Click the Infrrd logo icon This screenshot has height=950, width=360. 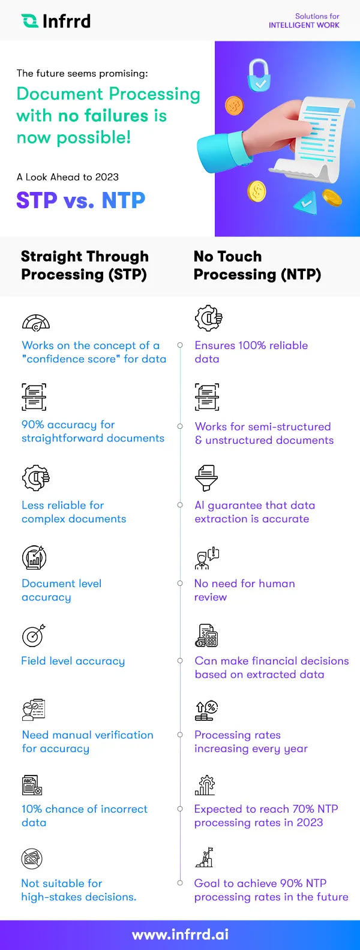(29, 21)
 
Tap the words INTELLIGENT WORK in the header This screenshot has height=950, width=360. (304, 25)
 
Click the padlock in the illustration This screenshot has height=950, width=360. (259, 75)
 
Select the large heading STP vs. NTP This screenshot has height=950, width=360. (81, 200)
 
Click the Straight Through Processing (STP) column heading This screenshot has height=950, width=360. (85, 265)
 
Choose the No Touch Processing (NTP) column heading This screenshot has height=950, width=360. (257, 265)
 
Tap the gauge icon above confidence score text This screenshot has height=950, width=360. (35, 322)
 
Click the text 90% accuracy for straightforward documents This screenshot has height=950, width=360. (93, 431)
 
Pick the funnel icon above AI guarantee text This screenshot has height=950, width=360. (206, 477)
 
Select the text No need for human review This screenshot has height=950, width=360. (244, 590)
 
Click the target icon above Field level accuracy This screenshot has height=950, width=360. (34, 636)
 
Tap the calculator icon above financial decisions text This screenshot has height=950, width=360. (206, 636)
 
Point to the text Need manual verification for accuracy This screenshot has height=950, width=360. (88, 741)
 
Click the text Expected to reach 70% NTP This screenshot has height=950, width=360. (266, 809)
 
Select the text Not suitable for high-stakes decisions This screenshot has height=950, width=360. (79, 890)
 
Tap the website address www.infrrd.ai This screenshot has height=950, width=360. (180, 934)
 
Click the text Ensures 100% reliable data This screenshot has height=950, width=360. (251, 352)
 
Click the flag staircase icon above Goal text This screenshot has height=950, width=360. (205, 858)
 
